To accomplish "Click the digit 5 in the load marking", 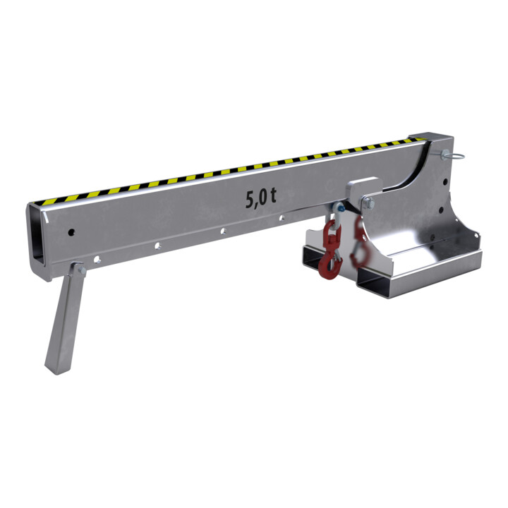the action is (251, 200).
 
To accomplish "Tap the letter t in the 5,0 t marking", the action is (273, 195).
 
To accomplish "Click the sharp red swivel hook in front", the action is (330, 250).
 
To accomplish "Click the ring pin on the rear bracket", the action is (453, 155).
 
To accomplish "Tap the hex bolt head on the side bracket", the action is (369, 204).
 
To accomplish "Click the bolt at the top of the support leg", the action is (82, 270).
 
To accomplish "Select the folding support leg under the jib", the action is (65, 317).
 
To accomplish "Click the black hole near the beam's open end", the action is (71, 232).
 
